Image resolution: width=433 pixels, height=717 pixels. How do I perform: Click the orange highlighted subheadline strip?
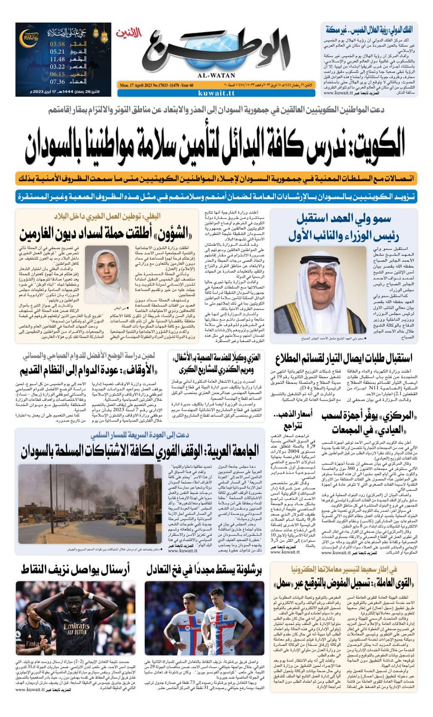coord(216,178)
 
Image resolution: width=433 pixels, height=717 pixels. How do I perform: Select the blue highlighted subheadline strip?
coord(216,195)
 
